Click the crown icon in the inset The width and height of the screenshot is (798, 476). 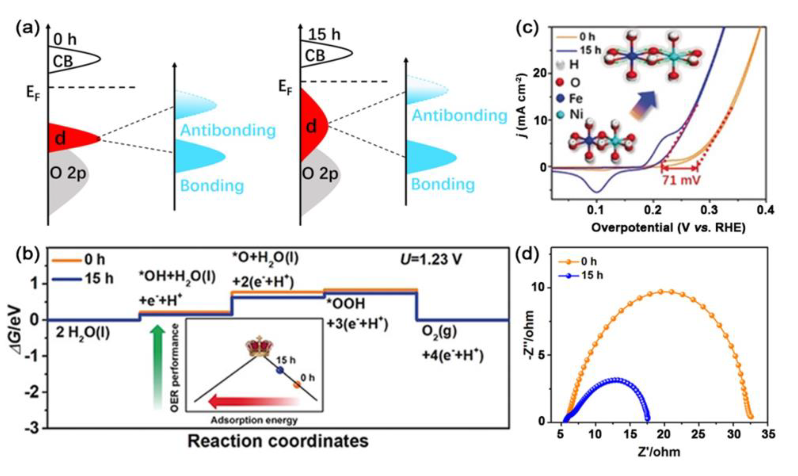pyautogui.click(x=259, y=347)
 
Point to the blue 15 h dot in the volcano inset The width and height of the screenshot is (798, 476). pyautogui.click(x=280, y=370)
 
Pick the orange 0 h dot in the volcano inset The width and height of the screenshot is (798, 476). pyautogui.click(x=297, y=385)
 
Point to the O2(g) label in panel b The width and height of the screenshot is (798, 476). pyautogui.click(x=439, y=333)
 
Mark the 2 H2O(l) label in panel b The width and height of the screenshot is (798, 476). pyautogui.click(x=83, y=333)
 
